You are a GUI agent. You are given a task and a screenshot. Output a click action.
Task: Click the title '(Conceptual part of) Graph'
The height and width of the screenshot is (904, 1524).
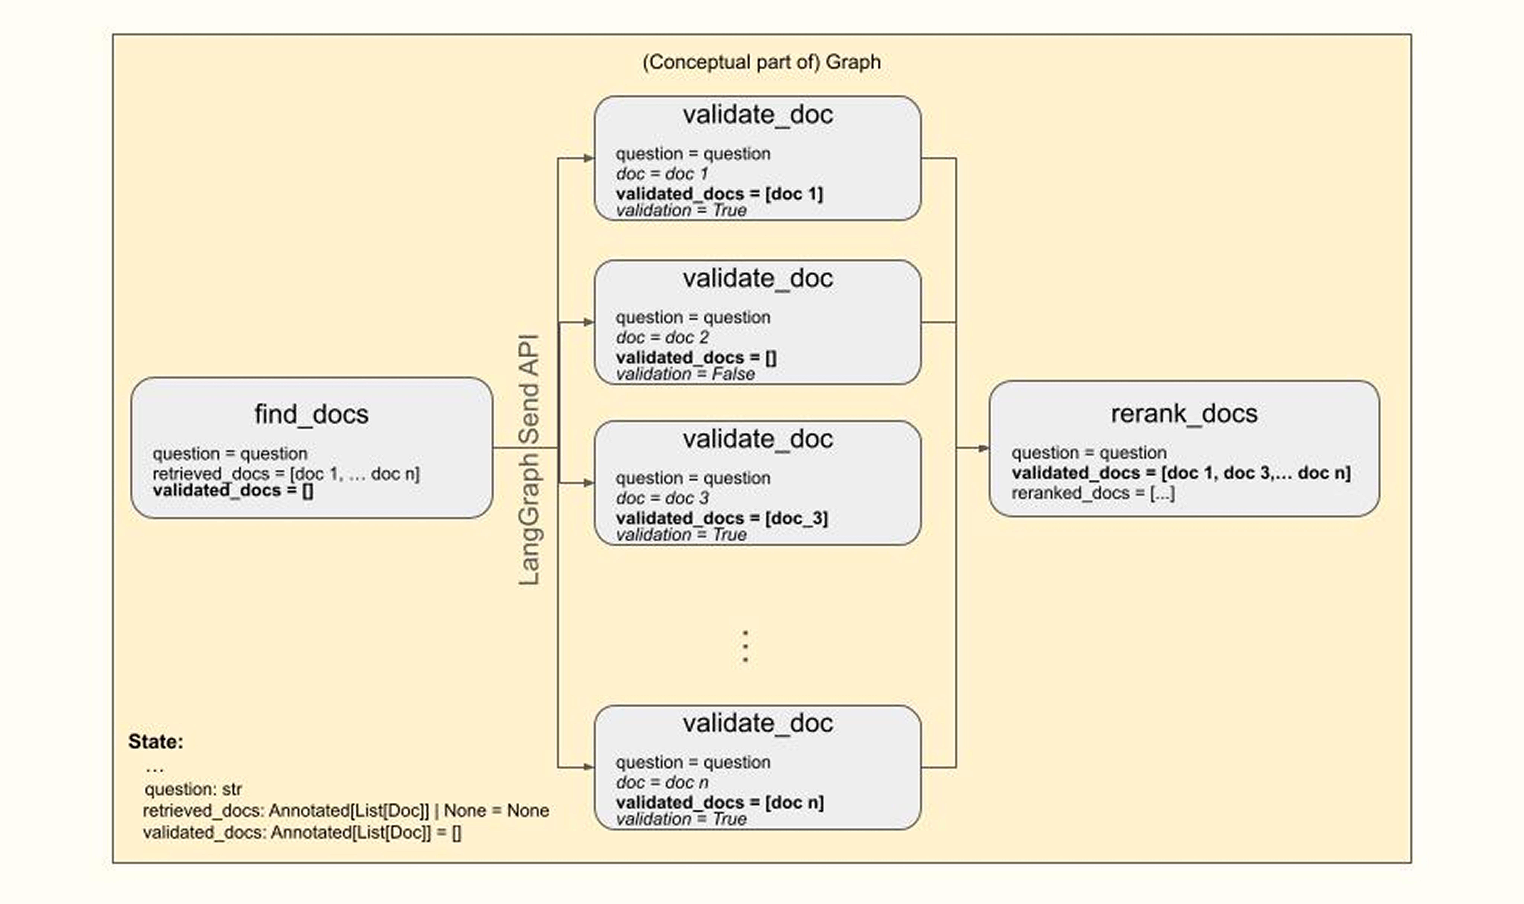tap(761, 62)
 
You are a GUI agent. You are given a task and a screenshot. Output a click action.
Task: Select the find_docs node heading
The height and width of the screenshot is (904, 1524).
tap(311, 414)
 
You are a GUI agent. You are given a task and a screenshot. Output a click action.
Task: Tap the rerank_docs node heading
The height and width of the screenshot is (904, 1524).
tap(1184, 414)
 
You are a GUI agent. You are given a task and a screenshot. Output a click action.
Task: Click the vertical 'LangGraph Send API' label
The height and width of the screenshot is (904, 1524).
tap(529, 460)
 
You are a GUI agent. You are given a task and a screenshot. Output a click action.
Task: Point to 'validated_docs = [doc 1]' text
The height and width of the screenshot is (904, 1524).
tap(719, 194)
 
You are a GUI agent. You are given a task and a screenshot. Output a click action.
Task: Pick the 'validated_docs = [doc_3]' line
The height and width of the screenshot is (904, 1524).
tap(721, 518)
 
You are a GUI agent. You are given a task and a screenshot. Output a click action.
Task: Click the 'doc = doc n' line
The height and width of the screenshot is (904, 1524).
tap(662, 782)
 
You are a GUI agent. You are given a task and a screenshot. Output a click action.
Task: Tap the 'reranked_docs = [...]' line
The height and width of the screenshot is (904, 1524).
tap(1093, 493)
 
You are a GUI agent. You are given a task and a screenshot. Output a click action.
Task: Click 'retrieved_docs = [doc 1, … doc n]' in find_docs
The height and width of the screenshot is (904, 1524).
tap(286, 473)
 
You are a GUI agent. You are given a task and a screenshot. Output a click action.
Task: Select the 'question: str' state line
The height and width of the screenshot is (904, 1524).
tap(193, 790)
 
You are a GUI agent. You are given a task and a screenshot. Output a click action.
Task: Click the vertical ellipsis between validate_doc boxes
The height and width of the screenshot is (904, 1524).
tap(745, 646)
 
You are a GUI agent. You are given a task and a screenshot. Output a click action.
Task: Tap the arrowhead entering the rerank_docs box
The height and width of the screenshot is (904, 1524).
tap(983, 448)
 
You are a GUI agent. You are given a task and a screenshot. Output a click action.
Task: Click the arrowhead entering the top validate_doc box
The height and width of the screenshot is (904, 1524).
tap(589, 158)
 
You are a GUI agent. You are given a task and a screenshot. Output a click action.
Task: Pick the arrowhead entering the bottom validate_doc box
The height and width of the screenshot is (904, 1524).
tap(589, 767)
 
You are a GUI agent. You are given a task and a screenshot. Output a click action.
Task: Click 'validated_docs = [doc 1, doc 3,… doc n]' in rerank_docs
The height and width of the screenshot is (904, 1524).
tap(1181, 473)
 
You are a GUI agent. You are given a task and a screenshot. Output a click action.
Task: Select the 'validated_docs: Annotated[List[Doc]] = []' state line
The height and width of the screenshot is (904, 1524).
tap(302, 832)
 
